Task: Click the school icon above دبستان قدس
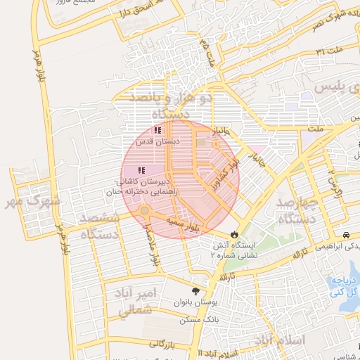158,130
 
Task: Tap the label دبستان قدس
158,141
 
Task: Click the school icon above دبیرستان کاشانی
141,169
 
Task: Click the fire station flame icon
234,235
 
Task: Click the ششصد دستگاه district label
100,226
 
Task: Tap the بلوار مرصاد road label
153,243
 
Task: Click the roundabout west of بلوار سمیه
143,211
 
